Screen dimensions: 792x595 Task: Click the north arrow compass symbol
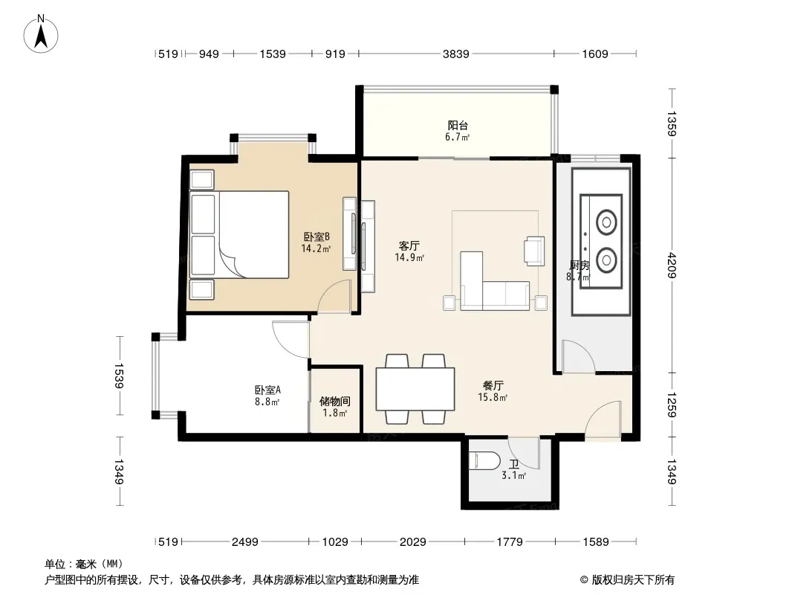tap(41, 34)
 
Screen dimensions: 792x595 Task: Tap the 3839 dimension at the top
tap(455, 54)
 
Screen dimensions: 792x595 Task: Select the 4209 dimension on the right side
tap(672, 265)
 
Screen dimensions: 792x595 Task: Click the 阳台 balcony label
tap(458, 125)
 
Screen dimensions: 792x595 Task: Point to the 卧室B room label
tap(317, 237)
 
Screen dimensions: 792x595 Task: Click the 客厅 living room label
tap(409, 246)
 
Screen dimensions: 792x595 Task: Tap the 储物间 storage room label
tap(335, 402)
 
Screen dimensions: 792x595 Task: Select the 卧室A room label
tap(267, 390)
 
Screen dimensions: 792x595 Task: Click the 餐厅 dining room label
tap(493, 386)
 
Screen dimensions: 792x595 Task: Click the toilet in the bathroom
tap(484, 460)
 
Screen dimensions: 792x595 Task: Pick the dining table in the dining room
tap(415, 389)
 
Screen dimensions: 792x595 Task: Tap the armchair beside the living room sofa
tap(534, 251)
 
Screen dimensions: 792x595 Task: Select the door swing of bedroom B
tap(334, 296)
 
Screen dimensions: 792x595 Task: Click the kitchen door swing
tap(578, 356)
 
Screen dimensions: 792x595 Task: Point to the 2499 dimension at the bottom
tap(245, 542)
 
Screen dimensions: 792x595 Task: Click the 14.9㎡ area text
tap(409, 258)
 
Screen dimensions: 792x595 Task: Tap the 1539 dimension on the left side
tap(119, 376)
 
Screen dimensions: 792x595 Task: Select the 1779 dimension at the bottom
tap(509, 542)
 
